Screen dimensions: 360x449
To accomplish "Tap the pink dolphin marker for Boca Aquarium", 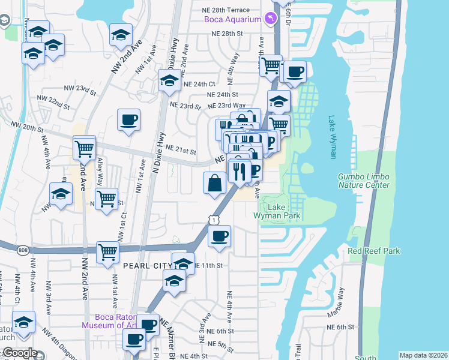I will tap(273, 19).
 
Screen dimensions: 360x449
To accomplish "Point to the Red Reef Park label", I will tap(374, 251).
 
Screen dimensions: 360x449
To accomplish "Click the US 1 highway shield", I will tap(214, 221).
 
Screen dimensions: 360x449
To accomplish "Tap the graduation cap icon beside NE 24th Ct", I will tap(169, 80).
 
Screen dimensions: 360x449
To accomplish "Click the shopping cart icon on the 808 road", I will tap(107, 251).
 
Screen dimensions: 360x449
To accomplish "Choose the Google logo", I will tap(20, 353).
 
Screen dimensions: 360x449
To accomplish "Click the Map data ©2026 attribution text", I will tap(423, 355).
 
